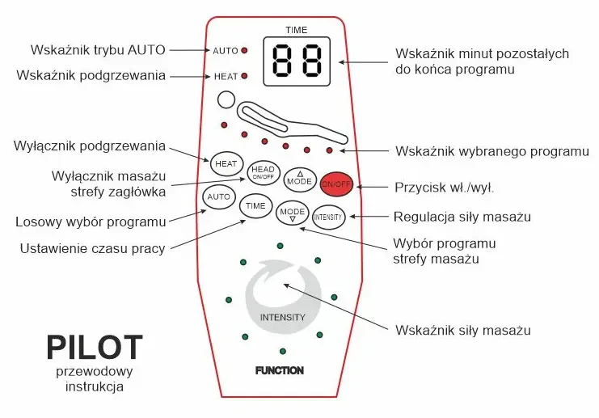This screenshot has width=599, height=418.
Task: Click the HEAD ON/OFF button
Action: point(263,171)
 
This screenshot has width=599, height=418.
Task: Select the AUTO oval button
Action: point(218,196)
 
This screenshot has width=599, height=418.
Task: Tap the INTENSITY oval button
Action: point(328,217)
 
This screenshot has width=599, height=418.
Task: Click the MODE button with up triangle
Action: point(298,180)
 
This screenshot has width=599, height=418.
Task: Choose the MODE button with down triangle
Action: point(292,213)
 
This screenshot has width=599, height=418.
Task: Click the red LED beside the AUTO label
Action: point(244,51)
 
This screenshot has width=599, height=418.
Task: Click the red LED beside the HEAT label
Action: point(244,77)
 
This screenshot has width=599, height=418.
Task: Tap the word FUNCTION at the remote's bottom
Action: point(280,371)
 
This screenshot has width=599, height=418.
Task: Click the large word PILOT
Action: point(95,348)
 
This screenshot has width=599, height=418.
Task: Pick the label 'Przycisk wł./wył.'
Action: point(444,187)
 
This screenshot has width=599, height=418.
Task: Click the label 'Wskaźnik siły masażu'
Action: point(462,330)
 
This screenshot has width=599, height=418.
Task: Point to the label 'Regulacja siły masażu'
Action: point(462,217)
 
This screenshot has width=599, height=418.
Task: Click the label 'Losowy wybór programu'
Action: point(91,222)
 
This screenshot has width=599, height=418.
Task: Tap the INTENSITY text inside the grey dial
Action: point(283,317)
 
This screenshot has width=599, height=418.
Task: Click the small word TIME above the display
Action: point(297,30)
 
